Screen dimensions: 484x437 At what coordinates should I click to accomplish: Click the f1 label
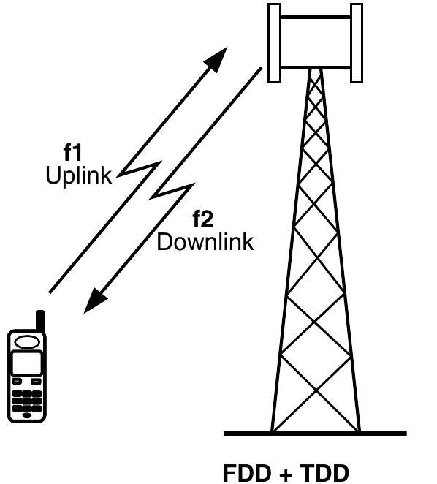pos(74,154)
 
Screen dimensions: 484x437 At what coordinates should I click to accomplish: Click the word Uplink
pos(79,175)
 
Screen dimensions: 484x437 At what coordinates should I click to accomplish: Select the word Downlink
pos(205,241)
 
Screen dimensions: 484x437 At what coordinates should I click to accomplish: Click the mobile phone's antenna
pos(40,322)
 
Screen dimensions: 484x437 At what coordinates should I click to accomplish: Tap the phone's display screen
pos(27,363)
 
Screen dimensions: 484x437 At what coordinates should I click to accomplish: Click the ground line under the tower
pos(314,434)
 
